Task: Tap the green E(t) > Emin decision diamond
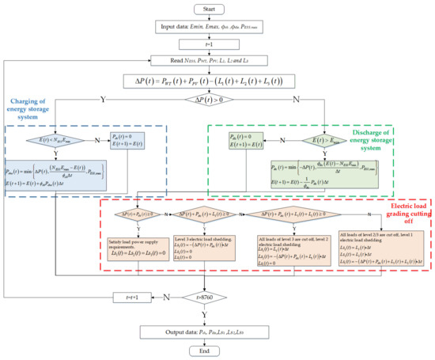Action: pyautogui.click(x=324, y=142)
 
